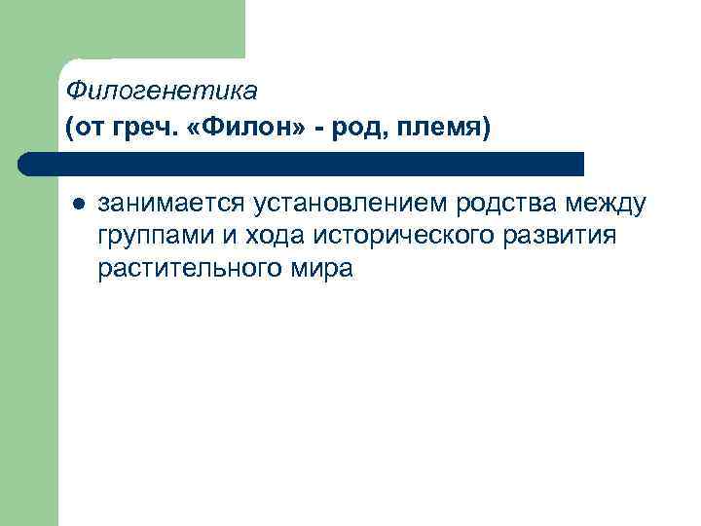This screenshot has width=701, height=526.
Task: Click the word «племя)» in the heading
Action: tap(447, 127)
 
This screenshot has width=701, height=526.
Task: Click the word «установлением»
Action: tap(351, 204)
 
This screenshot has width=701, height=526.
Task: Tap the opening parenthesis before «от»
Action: tap(69, 127)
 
